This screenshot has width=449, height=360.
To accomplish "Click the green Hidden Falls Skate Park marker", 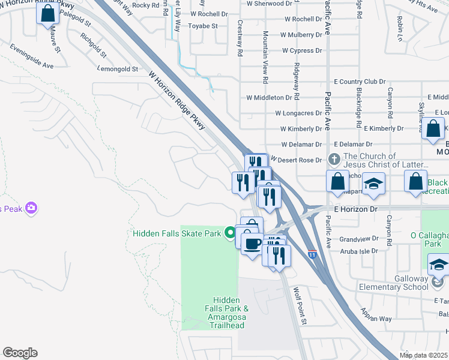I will tap(229, 233).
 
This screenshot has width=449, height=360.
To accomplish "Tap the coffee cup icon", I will tap(252, 243).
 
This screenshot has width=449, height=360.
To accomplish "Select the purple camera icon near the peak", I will tap(31, 209).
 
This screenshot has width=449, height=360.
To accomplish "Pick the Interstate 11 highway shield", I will tap(312, 254).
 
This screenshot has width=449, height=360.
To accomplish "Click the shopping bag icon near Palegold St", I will tap(48, 13).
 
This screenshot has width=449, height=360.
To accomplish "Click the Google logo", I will tap(20, 353).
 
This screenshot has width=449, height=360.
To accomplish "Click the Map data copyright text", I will tap(423, 355).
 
